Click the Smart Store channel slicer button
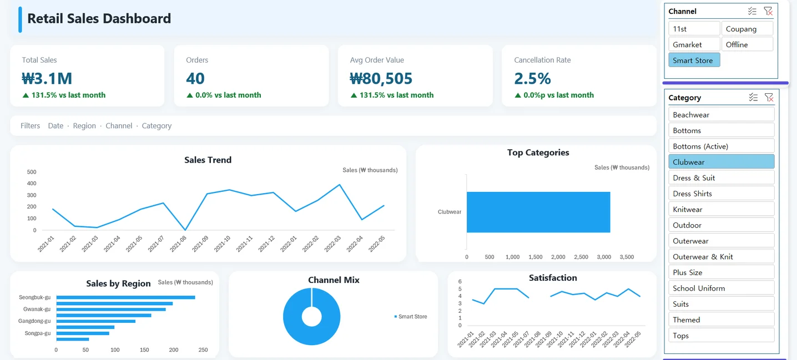[694, 60]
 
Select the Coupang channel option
[747, 28]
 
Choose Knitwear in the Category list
[721, 209]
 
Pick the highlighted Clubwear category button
[721, 162]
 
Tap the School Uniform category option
[721, 288]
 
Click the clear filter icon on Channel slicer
[768, 12]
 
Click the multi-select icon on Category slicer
[753, 98]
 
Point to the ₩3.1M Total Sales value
[47, 79]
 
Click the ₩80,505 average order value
[381, 79]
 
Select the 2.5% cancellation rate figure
[532, 79]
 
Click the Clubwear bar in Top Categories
[538, 212]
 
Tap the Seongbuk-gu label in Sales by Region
[35, 297]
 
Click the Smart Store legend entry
[411, 317]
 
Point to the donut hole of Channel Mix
[312, 316]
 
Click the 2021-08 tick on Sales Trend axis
[178, 244]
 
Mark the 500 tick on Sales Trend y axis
[32, 172]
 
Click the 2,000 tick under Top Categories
[558, 257]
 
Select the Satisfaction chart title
[553, 278]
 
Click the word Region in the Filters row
[84, 125]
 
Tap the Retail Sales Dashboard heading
[99, 18]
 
